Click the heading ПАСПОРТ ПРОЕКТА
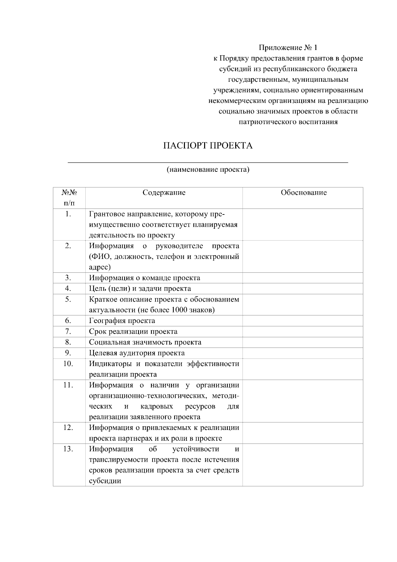[x=208, y=146]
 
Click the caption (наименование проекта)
[x=208, y=170]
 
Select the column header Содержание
[x=164, y=193]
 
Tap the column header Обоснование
[x=303, y=193]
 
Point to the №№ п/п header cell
[x=69, y=198]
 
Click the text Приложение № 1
[x=288, y=48]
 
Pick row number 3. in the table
[x=68, y=278]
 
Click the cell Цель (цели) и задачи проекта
[x=140, y=289]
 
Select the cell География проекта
[x=122, y=321]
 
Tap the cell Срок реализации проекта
[x=133, y=332]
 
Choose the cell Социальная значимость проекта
[x=145, y=342]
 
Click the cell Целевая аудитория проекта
[x=137, y=353]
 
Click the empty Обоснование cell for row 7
[x=302, y=332]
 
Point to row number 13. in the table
[x=68, y=449]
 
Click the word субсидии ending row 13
[x=105, y=481]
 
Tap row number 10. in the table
[x=68, y=364]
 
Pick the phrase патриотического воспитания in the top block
[x=288, y=122]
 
